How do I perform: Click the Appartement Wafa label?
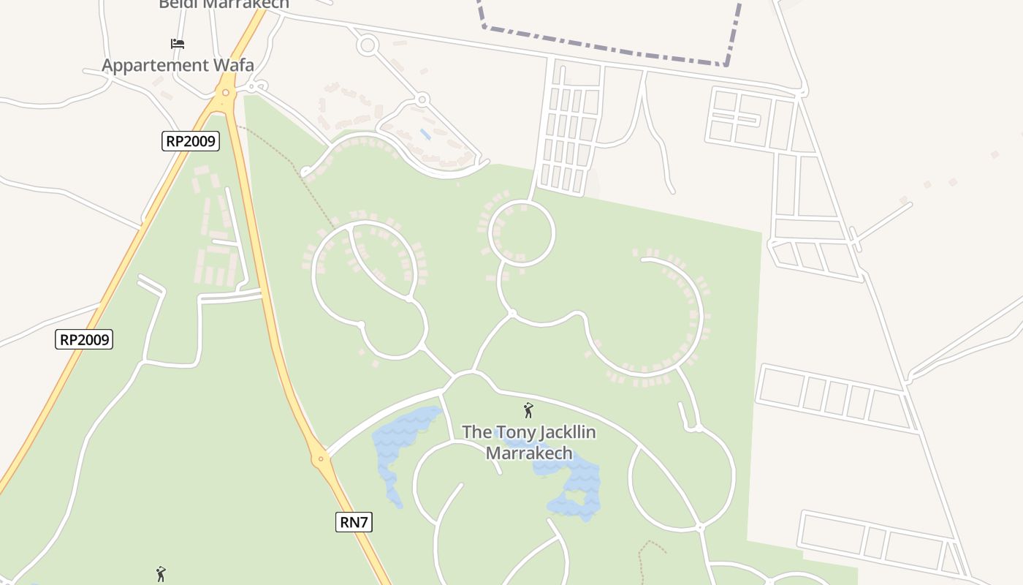pos(178,65)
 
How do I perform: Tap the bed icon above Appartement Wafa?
pos(178,44)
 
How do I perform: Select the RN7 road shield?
pos(354,521)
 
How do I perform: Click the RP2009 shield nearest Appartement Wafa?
pos(190,141)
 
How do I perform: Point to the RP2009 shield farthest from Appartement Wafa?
pos(84,339)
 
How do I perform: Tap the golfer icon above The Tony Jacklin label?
pos(528,410)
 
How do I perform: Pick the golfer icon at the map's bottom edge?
pos(161,574)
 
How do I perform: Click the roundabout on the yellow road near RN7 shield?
pos(320,459)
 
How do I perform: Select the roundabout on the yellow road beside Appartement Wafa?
pos(226,93)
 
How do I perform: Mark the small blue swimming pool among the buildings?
pos(425,135)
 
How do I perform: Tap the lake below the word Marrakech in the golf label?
pos(574,486)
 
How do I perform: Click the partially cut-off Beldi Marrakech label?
pos(224,4)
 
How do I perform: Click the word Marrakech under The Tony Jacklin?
pos(528,453)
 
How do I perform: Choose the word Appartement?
pos(153,65)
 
